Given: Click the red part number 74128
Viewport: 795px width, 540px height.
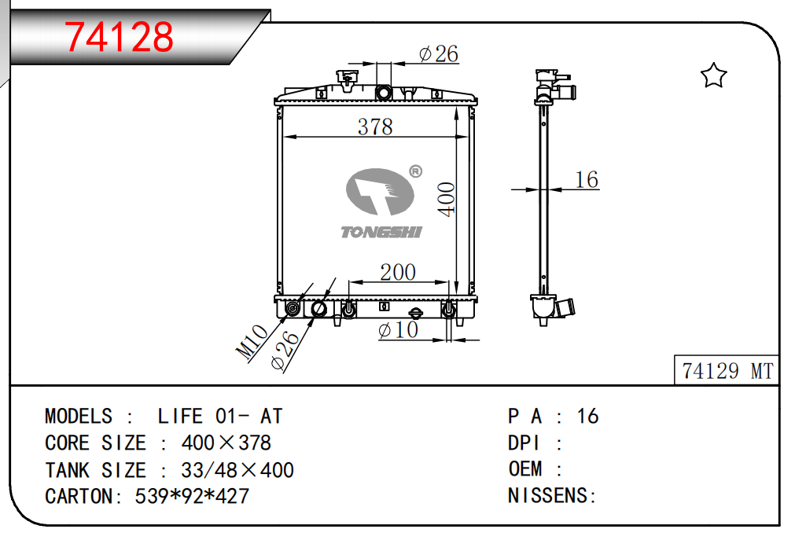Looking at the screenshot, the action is tap(119, 37).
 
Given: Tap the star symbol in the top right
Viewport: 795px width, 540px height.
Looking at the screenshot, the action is tap(713, 75).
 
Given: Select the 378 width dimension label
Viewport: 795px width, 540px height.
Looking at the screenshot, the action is tap(375, 127).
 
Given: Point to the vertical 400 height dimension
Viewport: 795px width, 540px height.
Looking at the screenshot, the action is tap(447, 200).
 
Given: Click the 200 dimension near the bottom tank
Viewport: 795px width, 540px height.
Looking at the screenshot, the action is tap(398, 272).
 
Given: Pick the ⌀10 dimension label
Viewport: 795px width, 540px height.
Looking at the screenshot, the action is tap(398, 330).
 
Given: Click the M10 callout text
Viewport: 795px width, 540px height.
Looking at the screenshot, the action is tap(252, 342).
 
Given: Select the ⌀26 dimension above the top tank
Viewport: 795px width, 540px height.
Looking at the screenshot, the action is tap(439, 53).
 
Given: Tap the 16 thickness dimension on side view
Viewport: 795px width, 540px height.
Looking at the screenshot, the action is tap(587, 179).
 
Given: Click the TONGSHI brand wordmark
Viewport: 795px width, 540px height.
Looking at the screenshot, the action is tap(381, 232).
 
